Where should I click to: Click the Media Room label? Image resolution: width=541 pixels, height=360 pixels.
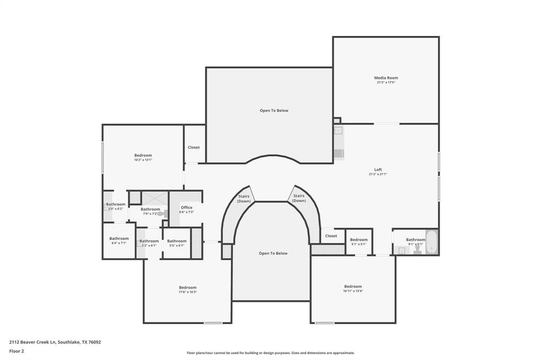[386, 78]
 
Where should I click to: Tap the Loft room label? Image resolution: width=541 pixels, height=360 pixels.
[378, 169]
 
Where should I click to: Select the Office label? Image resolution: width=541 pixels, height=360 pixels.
[186, 207]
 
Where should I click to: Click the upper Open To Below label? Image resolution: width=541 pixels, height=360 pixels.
[274, 110]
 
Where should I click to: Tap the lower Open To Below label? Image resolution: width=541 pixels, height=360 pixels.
[273, 253]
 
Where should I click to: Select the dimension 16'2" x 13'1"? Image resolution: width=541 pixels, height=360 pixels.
[143, 159]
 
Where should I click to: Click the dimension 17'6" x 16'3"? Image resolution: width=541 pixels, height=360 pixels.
[188, 292]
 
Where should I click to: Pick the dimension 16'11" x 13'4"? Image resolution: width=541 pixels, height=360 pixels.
[353, 291]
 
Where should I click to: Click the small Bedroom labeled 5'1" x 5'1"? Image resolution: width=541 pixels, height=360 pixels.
[359, 240]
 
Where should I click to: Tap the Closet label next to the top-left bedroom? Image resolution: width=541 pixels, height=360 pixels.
[194, 147]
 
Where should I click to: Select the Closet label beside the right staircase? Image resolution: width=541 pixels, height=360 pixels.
[331, 236]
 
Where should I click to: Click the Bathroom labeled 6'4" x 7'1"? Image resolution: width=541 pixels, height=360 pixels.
[119, 239]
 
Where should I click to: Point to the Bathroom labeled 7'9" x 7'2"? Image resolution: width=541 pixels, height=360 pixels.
[150, 209]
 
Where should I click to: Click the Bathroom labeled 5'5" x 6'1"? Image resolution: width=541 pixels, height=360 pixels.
[176, 241]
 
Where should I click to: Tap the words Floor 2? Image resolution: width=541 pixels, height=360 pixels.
[16, 350]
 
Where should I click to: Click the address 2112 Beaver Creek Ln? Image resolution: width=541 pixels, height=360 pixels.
[32, 342]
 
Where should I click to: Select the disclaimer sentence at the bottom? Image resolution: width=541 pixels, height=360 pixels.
[270, 353]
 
